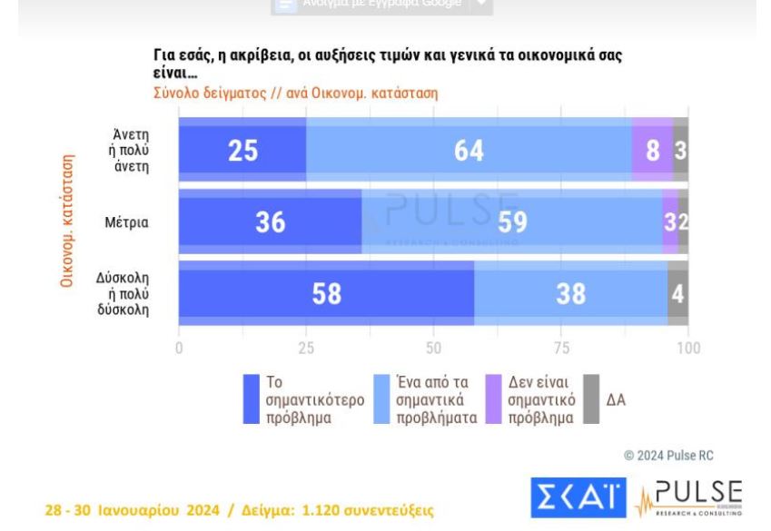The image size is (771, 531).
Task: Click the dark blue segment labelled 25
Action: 242,150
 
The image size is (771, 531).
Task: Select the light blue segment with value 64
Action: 469,150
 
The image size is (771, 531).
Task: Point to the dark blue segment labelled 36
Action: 270,221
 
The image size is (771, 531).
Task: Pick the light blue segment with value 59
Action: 511,221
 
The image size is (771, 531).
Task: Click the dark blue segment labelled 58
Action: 326,293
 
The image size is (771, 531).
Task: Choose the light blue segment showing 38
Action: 570,293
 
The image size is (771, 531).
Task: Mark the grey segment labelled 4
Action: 677,293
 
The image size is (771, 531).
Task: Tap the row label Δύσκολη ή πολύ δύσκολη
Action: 124,293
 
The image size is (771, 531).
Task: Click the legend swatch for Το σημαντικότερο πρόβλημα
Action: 252,400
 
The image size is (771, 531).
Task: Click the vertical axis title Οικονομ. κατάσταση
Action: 66,221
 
